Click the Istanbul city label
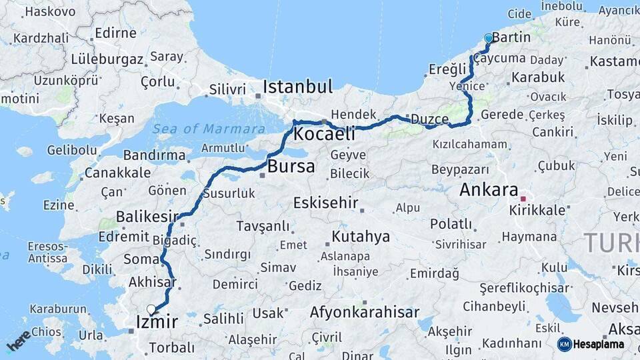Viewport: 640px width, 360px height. [297, 87]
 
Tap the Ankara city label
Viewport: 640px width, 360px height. [489, 190]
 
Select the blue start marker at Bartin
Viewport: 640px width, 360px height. [489, 39]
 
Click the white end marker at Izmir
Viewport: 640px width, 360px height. [151, 309]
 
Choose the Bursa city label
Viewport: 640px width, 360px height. [291, 167]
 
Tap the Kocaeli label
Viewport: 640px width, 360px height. [323, 134]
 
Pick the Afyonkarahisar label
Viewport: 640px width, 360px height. [364, 312]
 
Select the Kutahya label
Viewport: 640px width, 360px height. [361, 237]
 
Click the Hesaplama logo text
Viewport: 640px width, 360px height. [599, 344]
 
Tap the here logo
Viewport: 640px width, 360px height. [19, 339]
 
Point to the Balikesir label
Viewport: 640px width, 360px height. [147, 217]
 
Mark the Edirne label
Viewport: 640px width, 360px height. [116, 33]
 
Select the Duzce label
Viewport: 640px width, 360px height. [429, 119]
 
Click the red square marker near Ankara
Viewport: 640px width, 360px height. [523, 199]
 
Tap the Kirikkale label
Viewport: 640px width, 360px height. [537, 210]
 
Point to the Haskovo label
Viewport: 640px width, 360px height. [50, 11]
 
